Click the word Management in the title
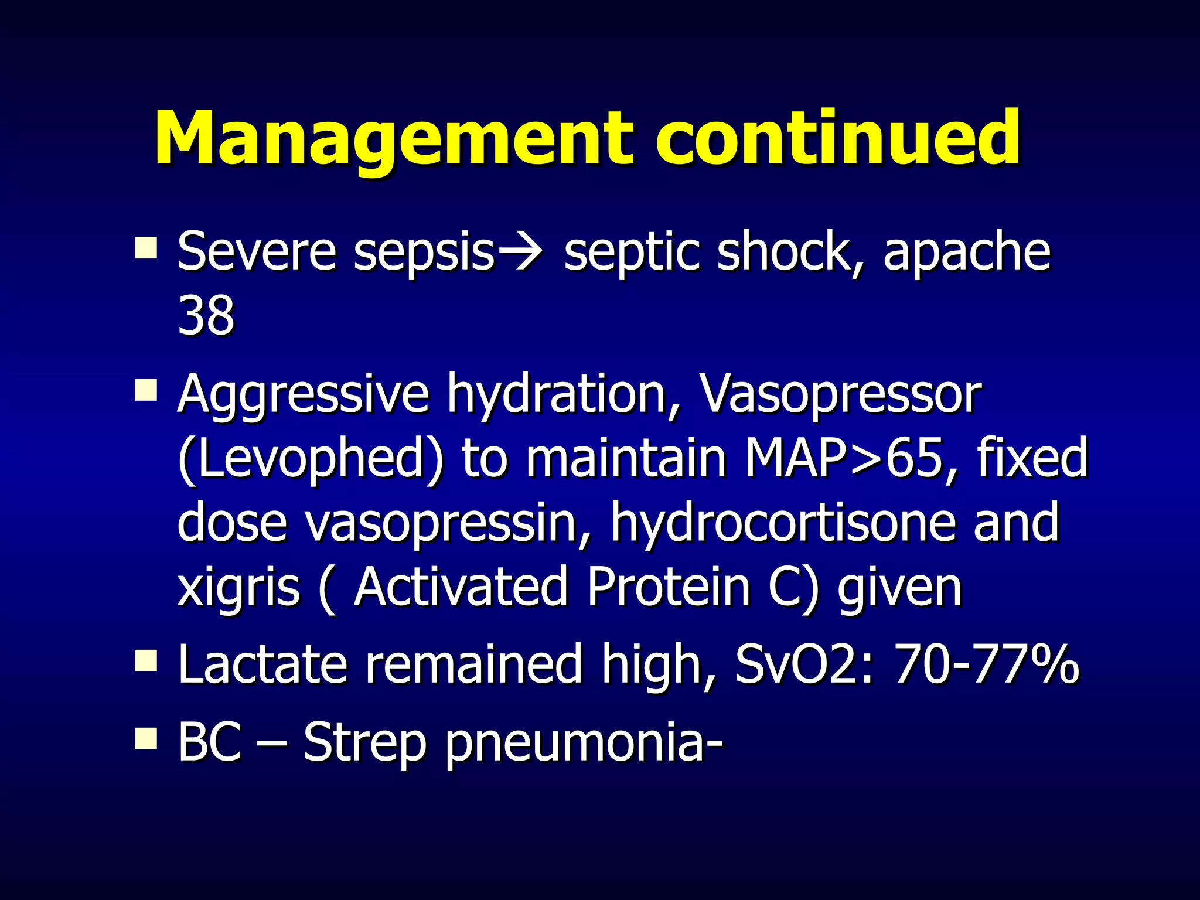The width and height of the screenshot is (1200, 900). point(393,139)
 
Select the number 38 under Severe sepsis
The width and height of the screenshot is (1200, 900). point(206,315)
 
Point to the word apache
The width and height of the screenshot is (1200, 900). point(967,252)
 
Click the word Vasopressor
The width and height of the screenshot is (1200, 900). point(841,394)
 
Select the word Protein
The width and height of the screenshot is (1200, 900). point(668,587)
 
